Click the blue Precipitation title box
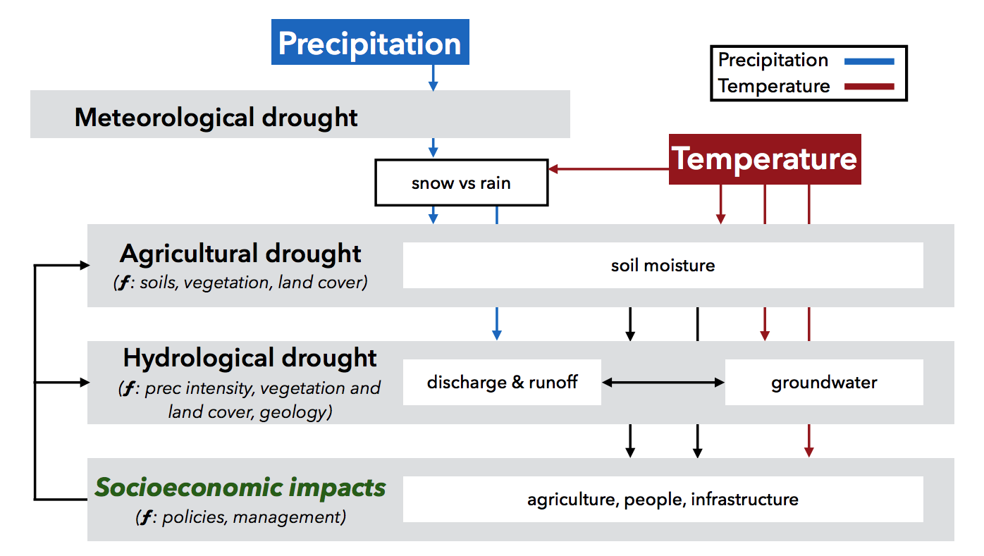tap(370, 42)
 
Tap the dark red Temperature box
tap(765, 159)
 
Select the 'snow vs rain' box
tap(461, 183)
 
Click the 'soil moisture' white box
tap(663, 265)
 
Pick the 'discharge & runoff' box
tap(502, 382)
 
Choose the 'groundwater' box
tap(824, 382)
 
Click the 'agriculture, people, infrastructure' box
tap(663, 500)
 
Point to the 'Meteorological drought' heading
tap(216, 118)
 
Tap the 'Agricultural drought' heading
tap(241, 254)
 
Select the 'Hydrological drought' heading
tap(250, 358)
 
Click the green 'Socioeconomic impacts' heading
tap(240, 488)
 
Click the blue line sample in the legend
tap(869, 61)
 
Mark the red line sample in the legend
tap(869, 87)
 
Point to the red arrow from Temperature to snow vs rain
tap(609, 169)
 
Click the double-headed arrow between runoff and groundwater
tap(663, 383)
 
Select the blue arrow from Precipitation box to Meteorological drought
tap(433, 78)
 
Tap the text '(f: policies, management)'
tap(241, 517)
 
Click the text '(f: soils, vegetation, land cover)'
tap(241, 283)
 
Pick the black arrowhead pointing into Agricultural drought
tap(85, 265)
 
